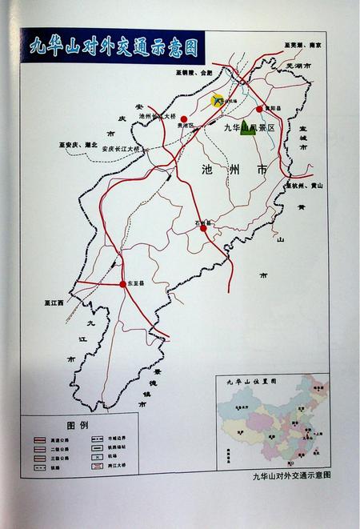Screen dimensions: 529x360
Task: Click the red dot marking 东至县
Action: click(x=123, y=284)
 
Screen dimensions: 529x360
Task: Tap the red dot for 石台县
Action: click(x=204, y=228)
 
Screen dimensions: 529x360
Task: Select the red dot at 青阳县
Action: click(x=259, y=109)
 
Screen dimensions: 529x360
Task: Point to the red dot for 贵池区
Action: click(x=183, y=118)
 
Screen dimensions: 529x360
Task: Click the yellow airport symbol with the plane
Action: click(x=218, y=101)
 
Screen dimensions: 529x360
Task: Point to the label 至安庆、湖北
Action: click(x=77, y=145)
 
